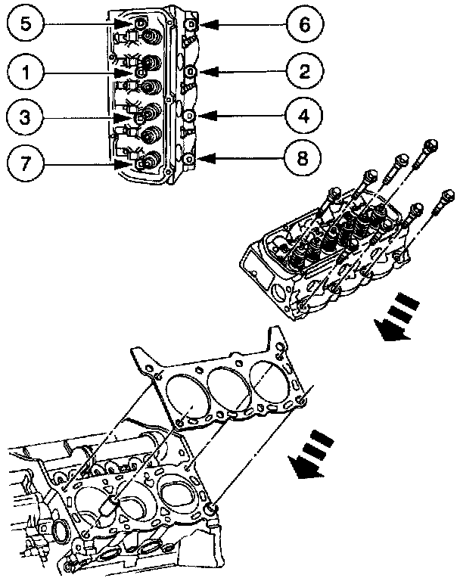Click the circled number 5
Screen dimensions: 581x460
point(25,25)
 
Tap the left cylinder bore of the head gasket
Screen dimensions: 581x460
point(186,400)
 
